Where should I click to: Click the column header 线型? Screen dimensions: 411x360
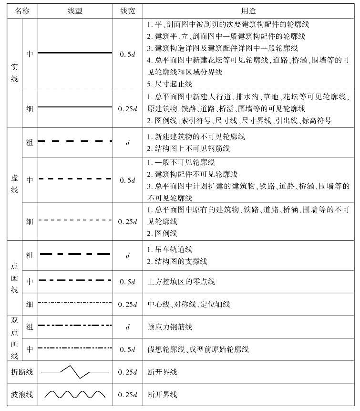[x=75, y=10]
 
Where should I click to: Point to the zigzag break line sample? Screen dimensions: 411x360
[x=75, y=371]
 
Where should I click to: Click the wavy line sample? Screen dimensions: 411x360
[x=75, y=394]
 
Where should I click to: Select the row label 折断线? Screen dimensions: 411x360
[x=21, y=371]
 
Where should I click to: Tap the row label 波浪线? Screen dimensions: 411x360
[x=21, y=394]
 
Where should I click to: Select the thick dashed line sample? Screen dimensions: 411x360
[x=75, y=141]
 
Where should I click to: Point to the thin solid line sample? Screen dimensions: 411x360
[x=75, y=107]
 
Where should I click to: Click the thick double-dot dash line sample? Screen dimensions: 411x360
[x=75, y=326]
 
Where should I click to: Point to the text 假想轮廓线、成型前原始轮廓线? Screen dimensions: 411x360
[x=198, y=349]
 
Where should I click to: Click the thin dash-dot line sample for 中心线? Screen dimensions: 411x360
[x=75, y=303]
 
